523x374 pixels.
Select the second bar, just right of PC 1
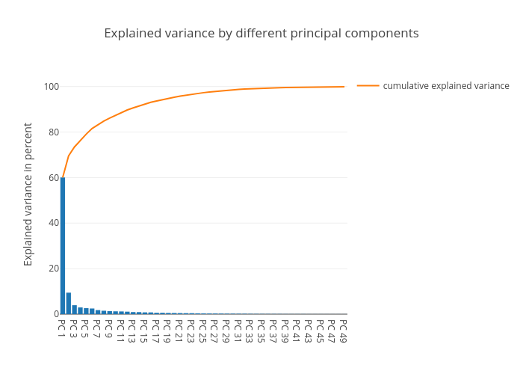pyautogui.click(x=69, y=304)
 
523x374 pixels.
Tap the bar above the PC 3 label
pyautogui.click(x=75, y=310)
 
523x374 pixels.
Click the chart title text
pyautogui.click(x=261, y=34)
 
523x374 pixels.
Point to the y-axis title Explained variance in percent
pyautogui.click(x=28, y=194)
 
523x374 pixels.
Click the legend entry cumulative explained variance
pyautogui.click(x=446, y=86)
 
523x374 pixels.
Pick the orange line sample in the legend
pyautogui.click(x=368, y=86)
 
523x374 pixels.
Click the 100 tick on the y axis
pyautogui.click(x=51, y=87)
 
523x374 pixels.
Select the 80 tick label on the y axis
pyautogui.click(x=53, y=132)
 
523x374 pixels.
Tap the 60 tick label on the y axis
pyautogui.click(x=53, y=178)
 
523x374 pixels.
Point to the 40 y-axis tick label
pyautogui.click(x=53, y=223)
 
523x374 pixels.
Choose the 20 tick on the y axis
pyautogui.click(x=53, y=269)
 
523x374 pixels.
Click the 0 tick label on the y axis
pyautogui.click(x=55, y=314)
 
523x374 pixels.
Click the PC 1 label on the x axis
pyautogui.click(x=63, y=328)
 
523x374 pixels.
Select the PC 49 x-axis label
pyautogui.click(x=344, y=331)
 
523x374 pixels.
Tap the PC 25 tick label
pyautogui.click(x=203, y=331)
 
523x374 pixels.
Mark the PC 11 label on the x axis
pyautogui.click(x=121, y=331)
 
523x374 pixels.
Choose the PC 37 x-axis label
pyautogui.click(x=273, y=331)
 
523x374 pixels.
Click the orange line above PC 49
pyautogui.click(x=344, y=87)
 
